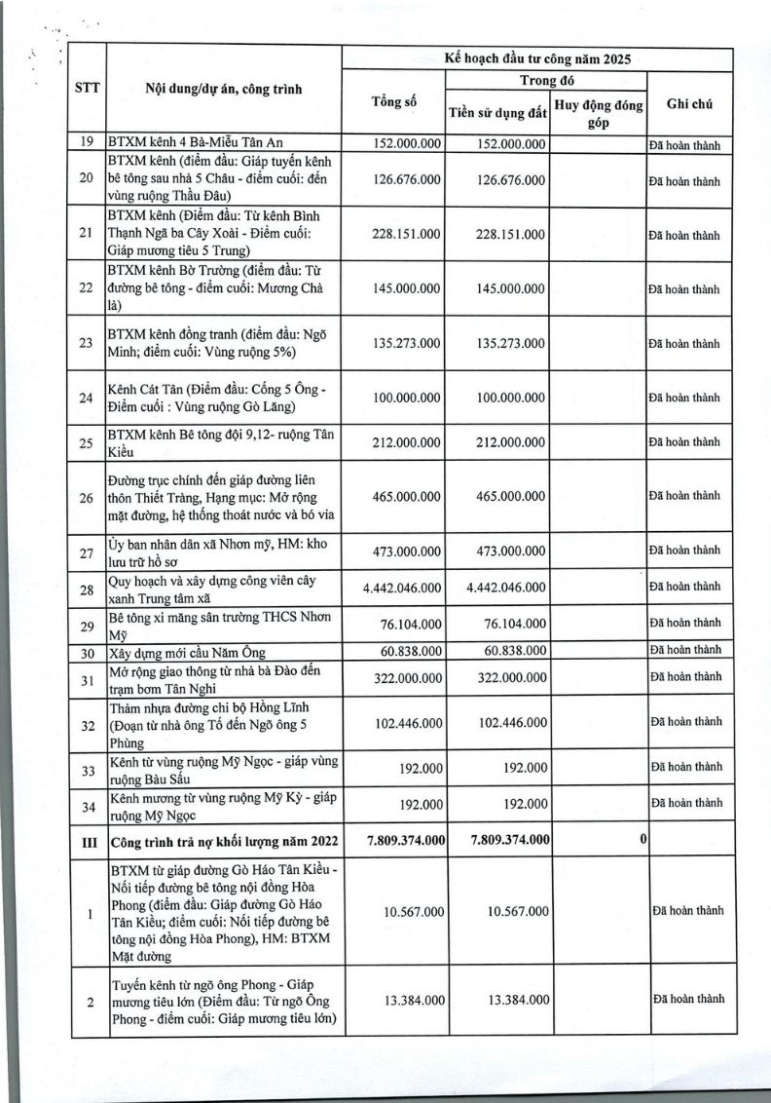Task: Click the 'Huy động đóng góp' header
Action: pyautogui.click(x=599, y=113)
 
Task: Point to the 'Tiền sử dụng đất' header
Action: pyautogui.click(x=497, y=114)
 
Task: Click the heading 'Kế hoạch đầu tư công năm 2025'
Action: pyautogui.click(x=537, y=58)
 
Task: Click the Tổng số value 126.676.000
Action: pyautogui.click(x=407, y=180)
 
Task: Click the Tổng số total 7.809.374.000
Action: pyautogui.click(x=406, y=839)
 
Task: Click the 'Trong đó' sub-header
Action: pyautogui.click(x=548, y=81)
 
